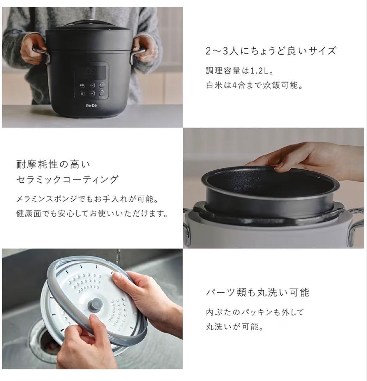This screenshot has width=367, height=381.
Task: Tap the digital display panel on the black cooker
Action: point(92,72)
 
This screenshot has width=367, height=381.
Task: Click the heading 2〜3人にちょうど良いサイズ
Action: point(270,51)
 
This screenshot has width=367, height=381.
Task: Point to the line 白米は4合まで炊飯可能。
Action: point(254,86)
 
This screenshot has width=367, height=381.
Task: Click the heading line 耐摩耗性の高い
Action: point(53,164)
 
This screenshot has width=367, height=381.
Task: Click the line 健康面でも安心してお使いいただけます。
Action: point(92,214)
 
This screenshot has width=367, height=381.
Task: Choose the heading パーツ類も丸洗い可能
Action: point(257,292)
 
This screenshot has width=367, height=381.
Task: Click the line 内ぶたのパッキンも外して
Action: point(254,312)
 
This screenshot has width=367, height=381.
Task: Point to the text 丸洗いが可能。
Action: point(235,327)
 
